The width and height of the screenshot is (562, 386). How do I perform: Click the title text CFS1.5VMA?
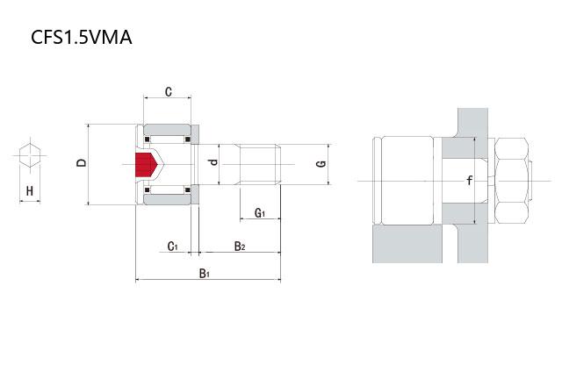[82, 39]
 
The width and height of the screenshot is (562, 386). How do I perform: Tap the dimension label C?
[168, 91]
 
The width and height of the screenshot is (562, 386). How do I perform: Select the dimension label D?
[81, 163]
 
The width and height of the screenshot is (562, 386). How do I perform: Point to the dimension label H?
[30, 190]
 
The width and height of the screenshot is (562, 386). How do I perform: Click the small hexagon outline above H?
[30, 154]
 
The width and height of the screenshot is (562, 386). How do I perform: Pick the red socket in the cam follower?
[146, 163]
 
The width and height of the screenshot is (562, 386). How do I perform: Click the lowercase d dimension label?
[212, 163]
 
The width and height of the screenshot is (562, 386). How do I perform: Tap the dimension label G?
[322, 163]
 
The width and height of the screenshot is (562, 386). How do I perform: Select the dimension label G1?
[260, 213]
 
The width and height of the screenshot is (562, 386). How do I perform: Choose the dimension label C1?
[173, 247]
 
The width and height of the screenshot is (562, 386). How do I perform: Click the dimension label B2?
[239, 247]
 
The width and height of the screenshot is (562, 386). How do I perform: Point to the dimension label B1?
[205, 274]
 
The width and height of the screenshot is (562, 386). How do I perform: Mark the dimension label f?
[470, 181]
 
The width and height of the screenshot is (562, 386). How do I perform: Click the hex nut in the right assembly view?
[512, 181]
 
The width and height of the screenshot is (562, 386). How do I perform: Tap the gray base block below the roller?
[405, 246]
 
